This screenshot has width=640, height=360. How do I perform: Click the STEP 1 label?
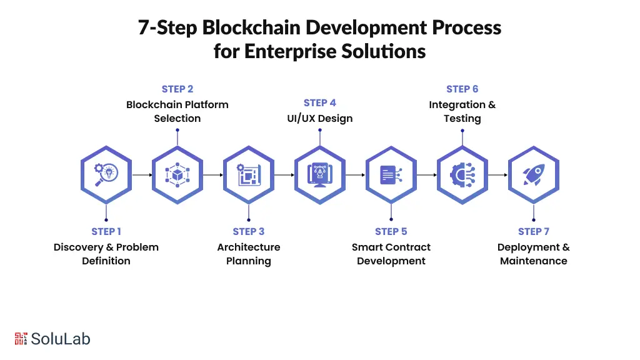[106, 231]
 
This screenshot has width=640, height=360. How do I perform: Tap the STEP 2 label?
[177, 89]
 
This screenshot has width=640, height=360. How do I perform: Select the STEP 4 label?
[320, 102]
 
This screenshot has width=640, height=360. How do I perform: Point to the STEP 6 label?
[462, 89]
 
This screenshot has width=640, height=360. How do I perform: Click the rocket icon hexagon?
[533, 175]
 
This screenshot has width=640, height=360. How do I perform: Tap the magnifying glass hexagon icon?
[106, 175]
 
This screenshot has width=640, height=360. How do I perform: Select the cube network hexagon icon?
[177, 175]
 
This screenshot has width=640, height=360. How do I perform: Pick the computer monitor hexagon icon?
[320, 175]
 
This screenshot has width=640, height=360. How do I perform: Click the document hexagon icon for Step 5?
[391, 175]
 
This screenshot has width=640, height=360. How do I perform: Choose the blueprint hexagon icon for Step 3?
[249, 175]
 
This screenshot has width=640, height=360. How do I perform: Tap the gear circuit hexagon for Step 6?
[462, 175]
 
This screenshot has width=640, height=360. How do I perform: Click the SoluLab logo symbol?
[21, 339]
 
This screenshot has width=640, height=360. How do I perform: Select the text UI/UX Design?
[320, 118]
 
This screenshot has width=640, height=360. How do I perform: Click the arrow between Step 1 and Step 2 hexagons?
[142, 175]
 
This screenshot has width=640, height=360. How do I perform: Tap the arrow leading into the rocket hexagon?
[498, 175]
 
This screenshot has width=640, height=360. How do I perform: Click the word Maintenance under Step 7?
[534, 261]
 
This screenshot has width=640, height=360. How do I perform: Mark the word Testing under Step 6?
[462, 119]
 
